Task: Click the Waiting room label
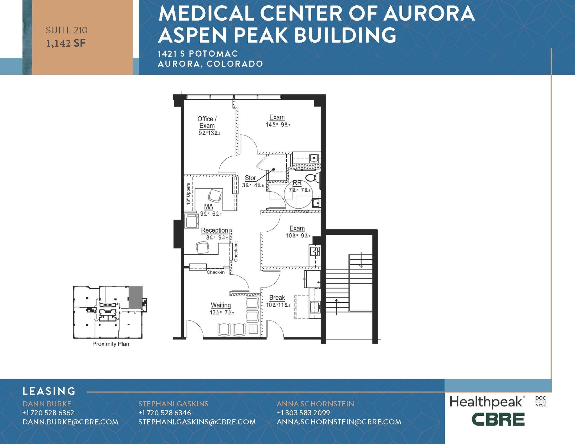tap(221, 305)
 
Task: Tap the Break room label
tap(277, 298)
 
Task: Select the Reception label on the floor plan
tap(215, 230)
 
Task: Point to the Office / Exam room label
tap(207, 122)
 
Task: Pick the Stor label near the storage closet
tap(250, 178)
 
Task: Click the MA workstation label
tap(209, 206)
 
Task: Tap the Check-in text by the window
tap(216, 272)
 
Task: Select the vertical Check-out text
tap(236, 251)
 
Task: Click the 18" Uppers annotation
tap(188, 194)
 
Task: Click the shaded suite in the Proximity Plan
tap(135, 297)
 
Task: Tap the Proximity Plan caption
tap(111, 344)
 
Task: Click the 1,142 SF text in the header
tap(66, 43)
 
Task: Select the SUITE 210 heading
tap(67, 30)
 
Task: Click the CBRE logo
tap(498, 420)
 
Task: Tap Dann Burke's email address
tap(70, 422)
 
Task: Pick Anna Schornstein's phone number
tap(303, 413)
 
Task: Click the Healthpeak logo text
tap(486, 402)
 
